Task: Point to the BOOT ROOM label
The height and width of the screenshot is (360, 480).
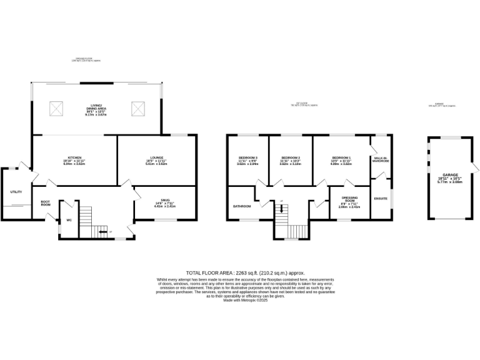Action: coord(45,203)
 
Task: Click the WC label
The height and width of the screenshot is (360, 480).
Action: coord(69,220)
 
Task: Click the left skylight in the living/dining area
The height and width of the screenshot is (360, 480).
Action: coord(56,109)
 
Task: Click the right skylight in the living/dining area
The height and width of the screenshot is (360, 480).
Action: coord(137,109)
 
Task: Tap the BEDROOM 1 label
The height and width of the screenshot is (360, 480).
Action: coord(341,157)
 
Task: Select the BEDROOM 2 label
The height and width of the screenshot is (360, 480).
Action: coord(291,157)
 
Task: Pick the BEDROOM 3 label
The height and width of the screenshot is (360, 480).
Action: coord(248,157)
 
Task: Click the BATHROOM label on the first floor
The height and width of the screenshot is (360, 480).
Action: coord(242,206)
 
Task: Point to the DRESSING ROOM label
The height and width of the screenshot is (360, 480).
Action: coord(349,199)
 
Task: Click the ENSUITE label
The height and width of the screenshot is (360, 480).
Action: coord(381,199)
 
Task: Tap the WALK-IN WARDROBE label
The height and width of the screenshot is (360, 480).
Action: coord(381,159)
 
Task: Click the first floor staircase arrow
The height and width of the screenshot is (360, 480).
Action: coord(282,210)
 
